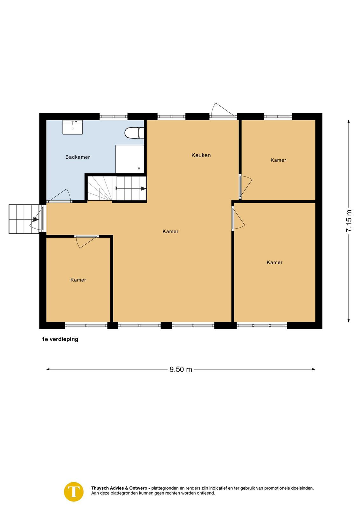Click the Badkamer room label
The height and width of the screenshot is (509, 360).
[78, 157]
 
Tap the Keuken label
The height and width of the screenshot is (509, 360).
[201, 155]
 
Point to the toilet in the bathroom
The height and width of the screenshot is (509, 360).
[134, 133]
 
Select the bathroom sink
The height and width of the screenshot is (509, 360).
[73, 127]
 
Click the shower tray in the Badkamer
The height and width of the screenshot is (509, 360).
[130, 159]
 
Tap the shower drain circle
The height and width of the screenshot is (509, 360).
[139, 168]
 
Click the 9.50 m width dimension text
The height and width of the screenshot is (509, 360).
[181, 369]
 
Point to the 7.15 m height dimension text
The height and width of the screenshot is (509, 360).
[349, 221]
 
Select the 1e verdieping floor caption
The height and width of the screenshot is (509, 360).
[60, 339]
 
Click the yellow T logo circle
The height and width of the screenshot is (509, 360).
[74, 492]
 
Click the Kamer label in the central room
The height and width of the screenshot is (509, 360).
[170, 231]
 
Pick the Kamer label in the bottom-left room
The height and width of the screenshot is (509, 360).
[78, 280]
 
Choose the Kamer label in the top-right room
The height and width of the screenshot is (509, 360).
[278, 160]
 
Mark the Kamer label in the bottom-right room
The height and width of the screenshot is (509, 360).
[274, 262]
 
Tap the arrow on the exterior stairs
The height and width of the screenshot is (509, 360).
[36, 219]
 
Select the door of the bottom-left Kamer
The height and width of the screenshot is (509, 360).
[87, 242]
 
